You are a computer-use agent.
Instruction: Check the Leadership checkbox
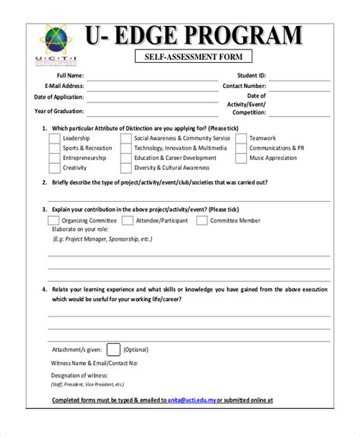tap(54, 139)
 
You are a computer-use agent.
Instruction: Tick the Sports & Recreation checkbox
tap(54, 149)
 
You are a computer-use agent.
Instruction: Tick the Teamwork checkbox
tap(241, 139)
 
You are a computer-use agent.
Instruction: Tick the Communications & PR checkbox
tap(241, 149)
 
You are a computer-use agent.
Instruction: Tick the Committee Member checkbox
tap(201, 221)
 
